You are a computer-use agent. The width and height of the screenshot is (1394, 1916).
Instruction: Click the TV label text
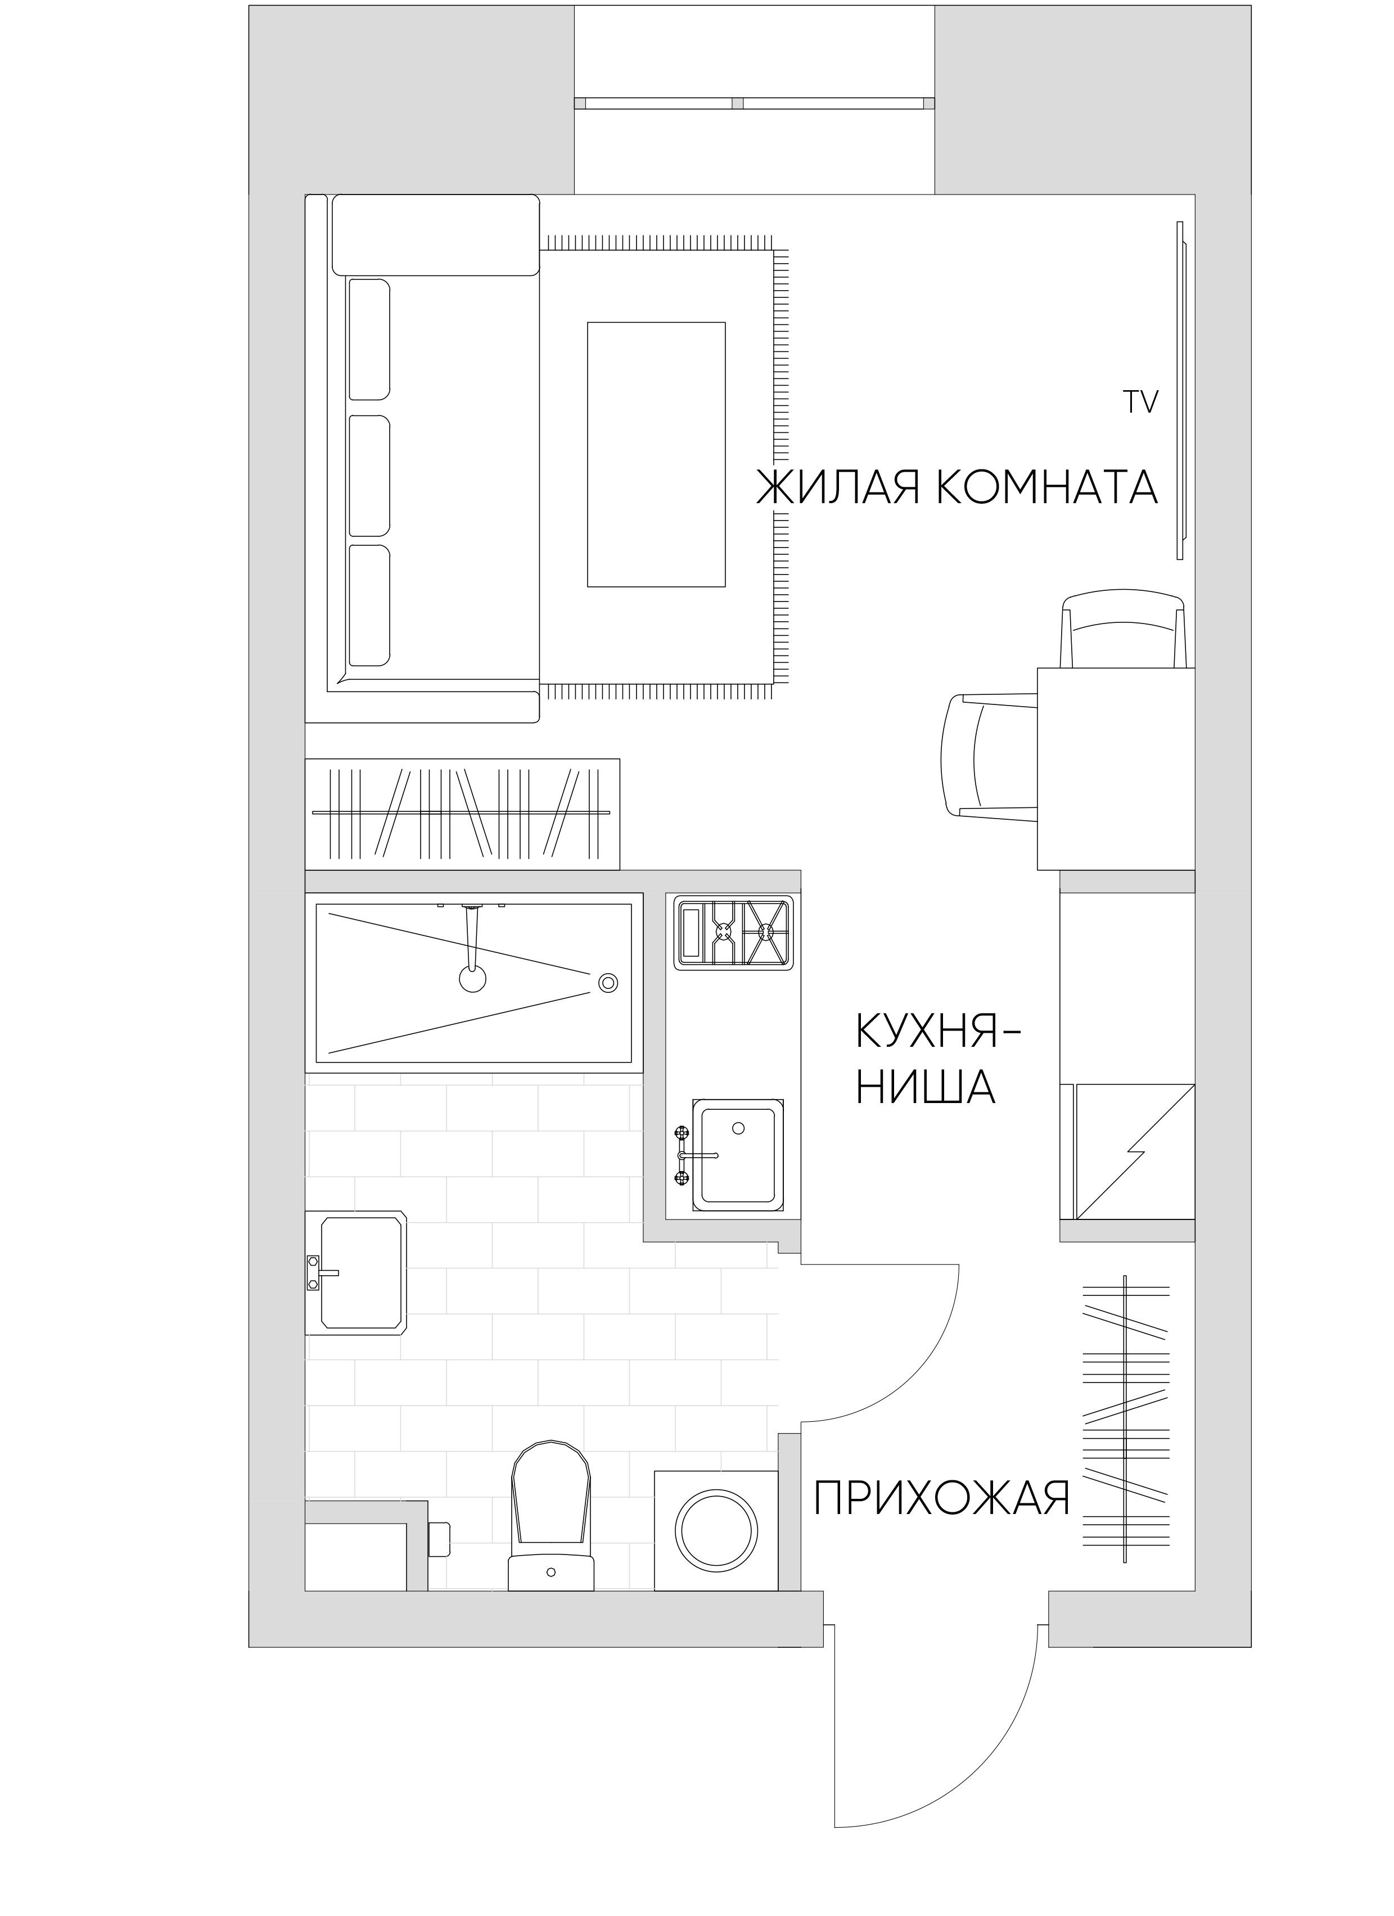(x=1140, y=402)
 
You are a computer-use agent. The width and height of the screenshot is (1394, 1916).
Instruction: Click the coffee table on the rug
(x=656, y=454)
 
